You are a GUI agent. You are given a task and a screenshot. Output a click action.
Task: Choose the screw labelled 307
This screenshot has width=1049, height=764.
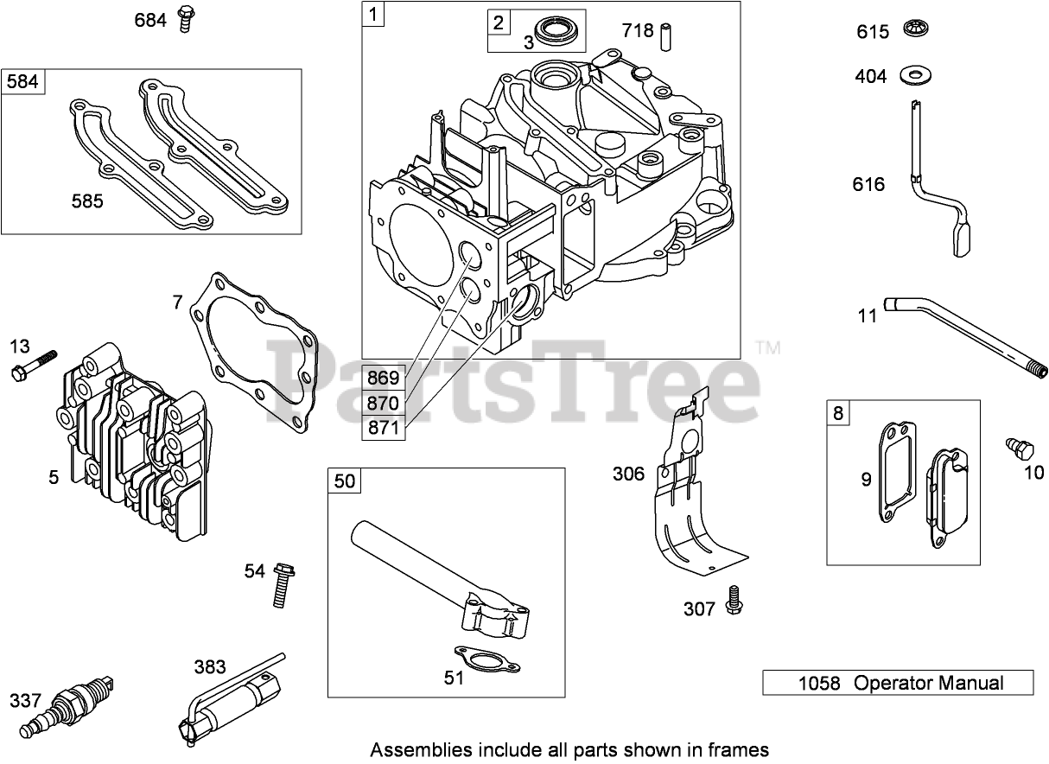tap(734, 600)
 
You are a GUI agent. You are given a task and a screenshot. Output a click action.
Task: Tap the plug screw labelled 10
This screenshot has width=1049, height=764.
tap(1020, 449)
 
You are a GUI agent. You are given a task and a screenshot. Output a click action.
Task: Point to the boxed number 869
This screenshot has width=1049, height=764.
tap(384, 378)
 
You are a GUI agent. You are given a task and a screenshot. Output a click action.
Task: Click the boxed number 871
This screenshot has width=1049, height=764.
tap(384, 428)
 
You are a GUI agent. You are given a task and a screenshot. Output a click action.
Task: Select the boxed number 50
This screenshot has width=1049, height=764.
tap(345, 481)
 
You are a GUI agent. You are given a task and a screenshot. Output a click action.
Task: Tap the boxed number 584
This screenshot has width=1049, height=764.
tap(22, 82)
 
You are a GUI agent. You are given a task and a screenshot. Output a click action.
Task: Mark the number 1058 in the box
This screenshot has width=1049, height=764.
tap(818, 683)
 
